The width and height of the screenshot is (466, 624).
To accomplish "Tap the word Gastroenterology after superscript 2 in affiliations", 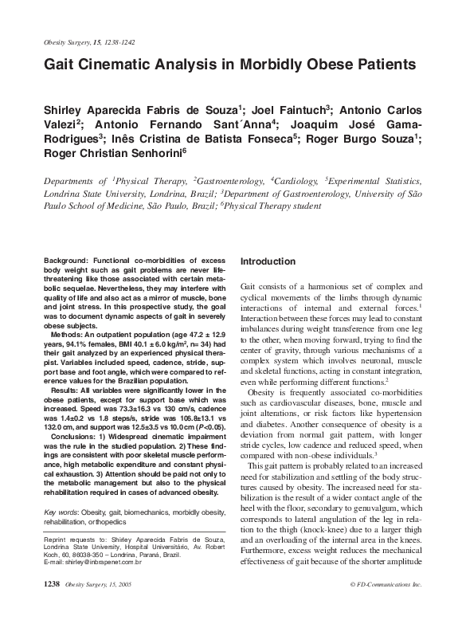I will [211, 182].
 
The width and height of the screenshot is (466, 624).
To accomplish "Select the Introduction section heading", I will [268, 261].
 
